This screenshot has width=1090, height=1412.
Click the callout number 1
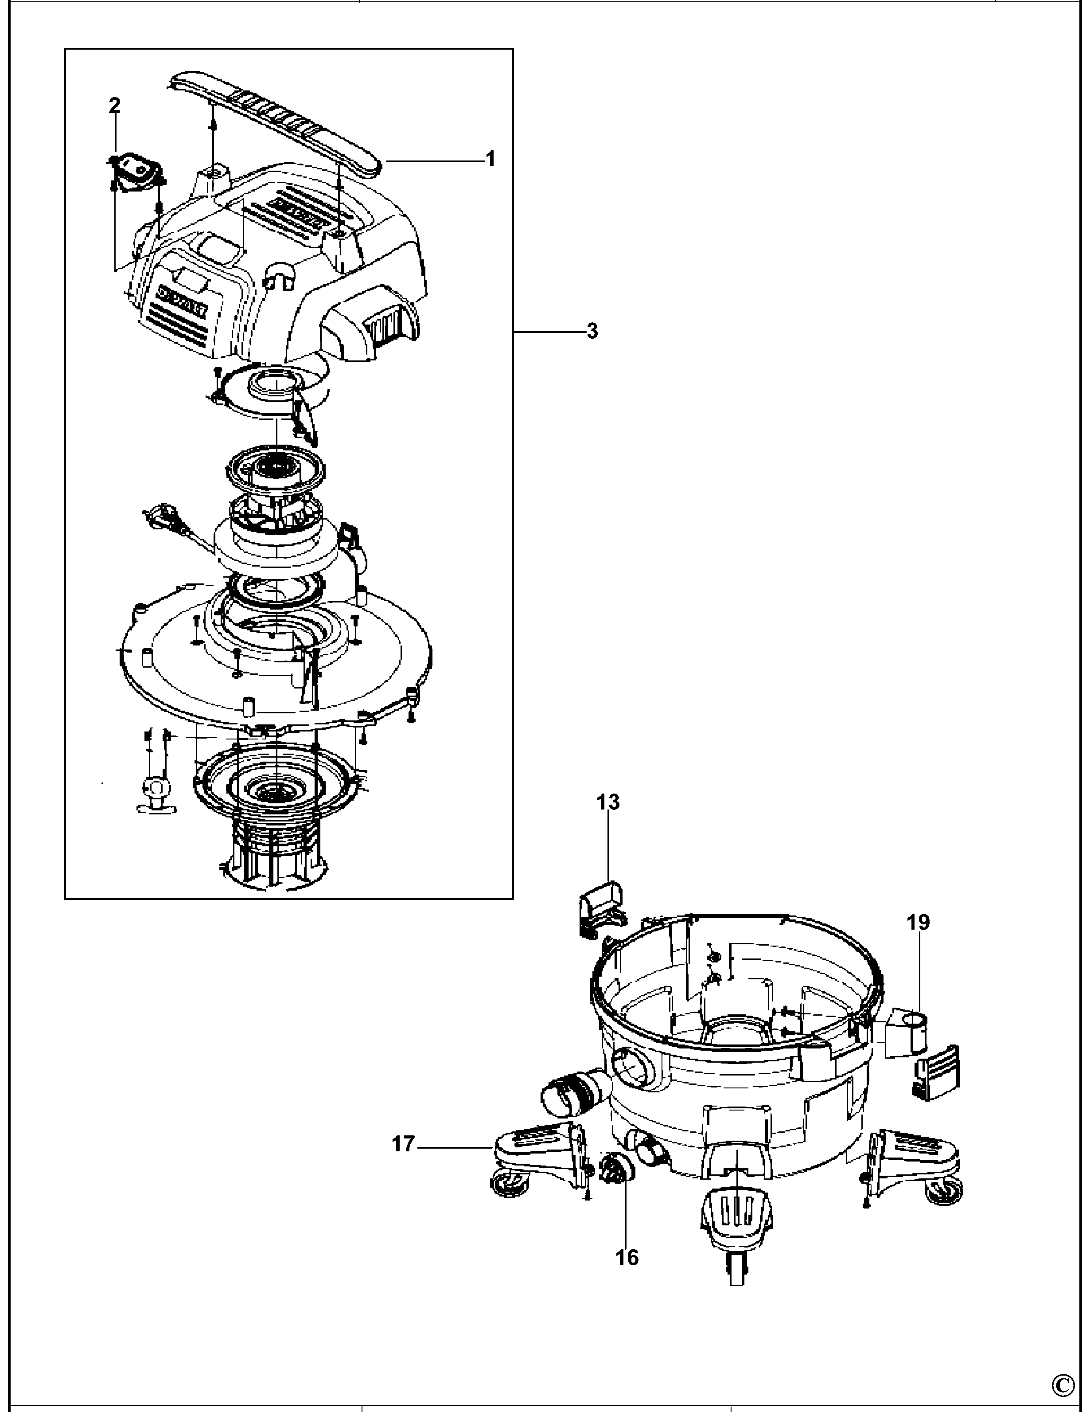490,158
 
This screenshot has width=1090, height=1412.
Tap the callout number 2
114,105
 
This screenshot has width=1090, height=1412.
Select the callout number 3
592,331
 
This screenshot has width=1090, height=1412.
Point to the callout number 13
607,802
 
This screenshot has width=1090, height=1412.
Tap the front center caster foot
735,1222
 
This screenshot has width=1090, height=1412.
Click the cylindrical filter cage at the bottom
275,853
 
